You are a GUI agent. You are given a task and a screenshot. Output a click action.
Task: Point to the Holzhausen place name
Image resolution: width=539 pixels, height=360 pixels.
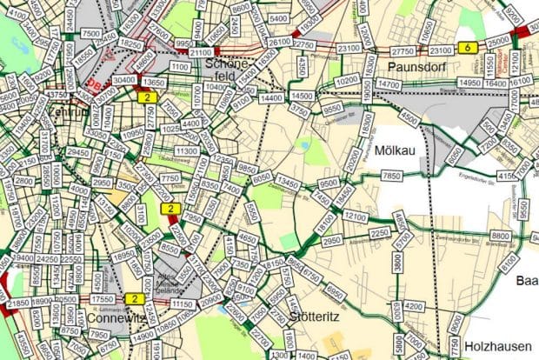[x=497, y=343]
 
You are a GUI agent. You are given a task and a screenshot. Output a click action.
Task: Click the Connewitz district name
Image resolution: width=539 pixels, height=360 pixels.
[x=116, y=318]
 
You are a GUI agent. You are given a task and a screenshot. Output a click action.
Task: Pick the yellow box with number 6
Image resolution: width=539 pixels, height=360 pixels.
[x=469, y=48]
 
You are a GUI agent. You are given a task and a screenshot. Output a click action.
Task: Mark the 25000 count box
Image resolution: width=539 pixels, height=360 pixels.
[x=498, y=42]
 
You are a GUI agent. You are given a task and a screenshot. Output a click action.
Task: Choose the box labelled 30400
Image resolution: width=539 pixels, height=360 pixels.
[x=124, y=80]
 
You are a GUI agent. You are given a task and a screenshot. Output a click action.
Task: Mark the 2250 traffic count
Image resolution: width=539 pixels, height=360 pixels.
[x=380, y=233]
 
